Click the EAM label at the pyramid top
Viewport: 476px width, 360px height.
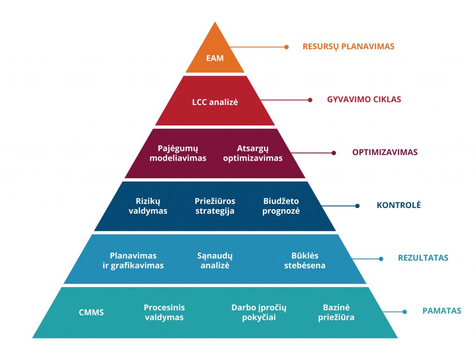pos(215,58)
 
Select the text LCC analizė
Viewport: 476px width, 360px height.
pos(215,102)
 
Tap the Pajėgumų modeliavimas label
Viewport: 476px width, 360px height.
pos(178,153)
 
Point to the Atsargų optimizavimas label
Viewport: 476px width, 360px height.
pos(253,153)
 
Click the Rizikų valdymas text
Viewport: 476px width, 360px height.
pos(148,206)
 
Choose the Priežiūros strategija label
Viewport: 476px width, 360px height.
pos(215,206)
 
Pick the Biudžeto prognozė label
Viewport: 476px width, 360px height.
pos(281,206)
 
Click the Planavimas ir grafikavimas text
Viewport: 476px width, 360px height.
pos(133,261)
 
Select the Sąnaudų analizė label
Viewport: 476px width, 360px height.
pos(215,261)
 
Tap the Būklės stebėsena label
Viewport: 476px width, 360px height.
pos(305,261)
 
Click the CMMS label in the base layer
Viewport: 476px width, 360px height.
pos(92,312)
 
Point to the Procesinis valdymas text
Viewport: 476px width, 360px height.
pos(164,312)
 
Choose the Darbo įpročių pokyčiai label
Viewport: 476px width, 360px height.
pos(259,312)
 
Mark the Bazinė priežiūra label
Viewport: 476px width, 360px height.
pos(336,312)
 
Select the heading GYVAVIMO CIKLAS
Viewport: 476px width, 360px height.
pos(364,99)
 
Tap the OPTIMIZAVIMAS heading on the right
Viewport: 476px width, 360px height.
pos(385,152)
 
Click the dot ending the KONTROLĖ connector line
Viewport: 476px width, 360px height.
pos(357,206)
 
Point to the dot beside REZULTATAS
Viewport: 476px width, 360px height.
pos(381,259)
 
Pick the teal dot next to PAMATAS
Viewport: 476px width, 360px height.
pos(405,312)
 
